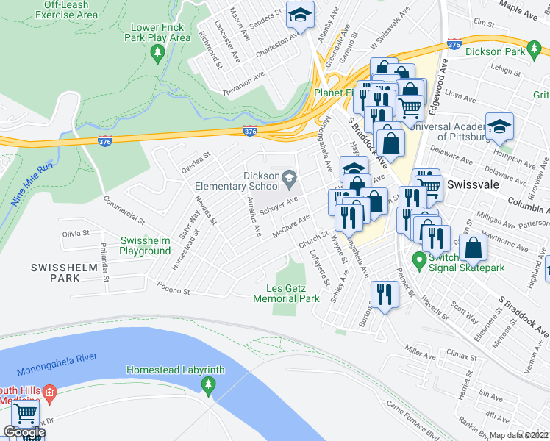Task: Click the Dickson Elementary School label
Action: point(262,182)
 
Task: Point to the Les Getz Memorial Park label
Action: point(286,293)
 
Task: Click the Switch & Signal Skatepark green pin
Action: point(419,259)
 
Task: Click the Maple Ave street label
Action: point(519,10)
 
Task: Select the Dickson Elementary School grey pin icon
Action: point(290,176)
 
